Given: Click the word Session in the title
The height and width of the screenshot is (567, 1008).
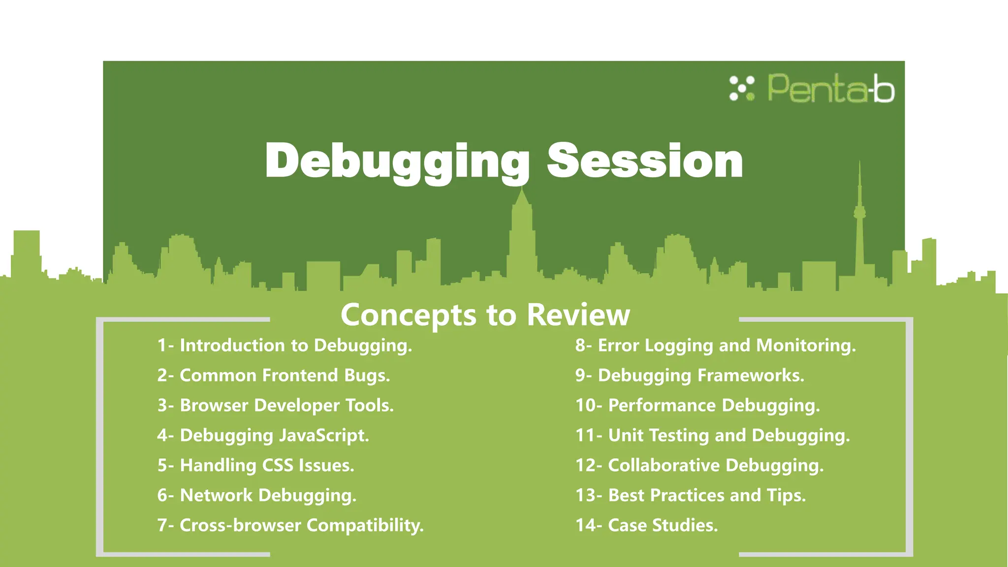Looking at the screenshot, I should [645, 161].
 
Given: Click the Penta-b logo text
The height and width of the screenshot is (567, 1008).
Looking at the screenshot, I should [831, 89].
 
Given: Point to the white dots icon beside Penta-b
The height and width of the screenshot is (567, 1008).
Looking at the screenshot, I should [741, 89].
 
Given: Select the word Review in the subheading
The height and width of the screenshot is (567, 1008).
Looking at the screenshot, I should [578, 315].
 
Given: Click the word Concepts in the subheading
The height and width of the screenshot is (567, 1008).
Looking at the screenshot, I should [409, 315].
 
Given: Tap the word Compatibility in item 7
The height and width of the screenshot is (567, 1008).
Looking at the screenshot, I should [365, 526].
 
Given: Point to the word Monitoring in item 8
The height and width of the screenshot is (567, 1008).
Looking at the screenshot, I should [806, 346].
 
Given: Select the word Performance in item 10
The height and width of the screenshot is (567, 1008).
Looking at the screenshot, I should [662, 406].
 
